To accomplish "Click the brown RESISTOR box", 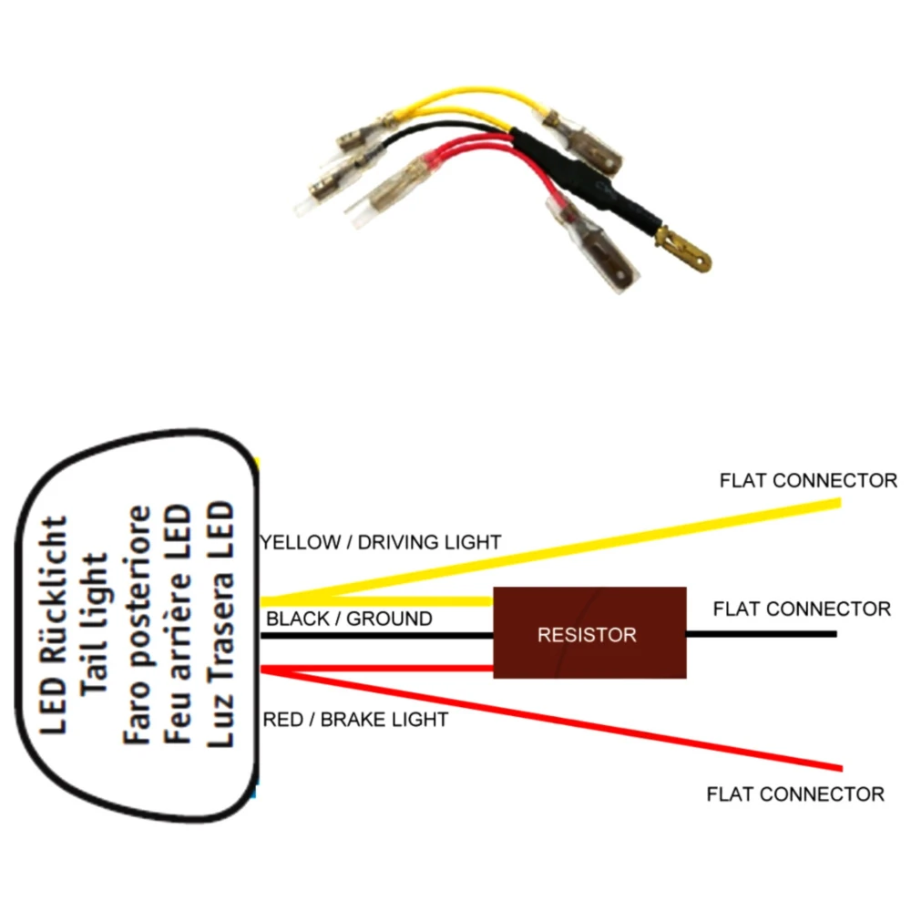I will [589, 632].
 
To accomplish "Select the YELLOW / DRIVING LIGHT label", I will [381, 542].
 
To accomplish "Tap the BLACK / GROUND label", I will [349, 619].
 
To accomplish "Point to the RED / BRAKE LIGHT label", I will [355, 720].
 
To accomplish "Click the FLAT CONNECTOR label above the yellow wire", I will [808, 480].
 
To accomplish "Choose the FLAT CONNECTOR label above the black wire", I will [802, 609].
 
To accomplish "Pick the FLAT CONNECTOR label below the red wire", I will [795, 794].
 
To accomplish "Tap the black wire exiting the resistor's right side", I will [761, 634].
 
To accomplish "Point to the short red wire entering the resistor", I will [383, 670].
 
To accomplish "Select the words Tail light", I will [97, 624].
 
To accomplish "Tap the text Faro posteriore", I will [138, 624].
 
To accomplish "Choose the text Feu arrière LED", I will [179, 624].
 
